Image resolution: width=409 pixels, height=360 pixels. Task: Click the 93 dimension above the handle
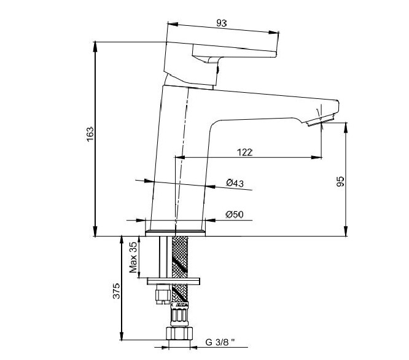[x=221, y=23]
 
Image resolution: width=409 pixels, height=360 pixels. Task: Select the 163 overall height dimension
[x=90, y=134]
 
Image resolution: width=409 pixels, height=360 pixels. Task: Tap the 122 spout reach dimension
[x=244, y=152]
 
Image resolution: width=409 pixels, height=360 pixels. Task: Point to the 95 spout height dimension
[x=340, y=182]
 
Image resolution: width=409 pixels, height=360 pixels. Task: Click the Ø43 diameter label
[x=235, y=183]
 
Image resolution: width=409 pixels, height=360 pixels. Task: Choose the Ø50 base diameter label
[x=235, y=214]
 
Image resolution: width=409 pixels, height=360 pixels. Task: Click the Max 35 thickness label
[x=133, y=257]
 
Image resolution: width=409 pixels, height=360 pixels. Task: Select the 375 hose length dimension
[x=116, y=291]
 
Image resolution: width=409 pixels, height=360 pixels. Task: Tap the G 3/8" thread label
[x=220, y=342]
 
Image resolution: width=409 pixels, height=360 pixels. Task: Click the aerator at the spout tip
[x=321, y=120]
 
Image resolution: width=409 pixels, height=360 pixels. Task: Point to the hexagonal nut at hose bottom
[x=179, y=333]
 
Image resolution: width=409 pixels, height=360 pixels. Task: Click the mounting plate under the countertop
[x=173, y=281]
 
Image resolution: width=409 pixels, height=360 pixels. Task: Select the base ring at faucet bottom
[x=175, y=233]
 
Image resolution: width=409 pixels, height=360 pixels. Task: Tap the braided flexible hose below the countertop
[x=180, y=270]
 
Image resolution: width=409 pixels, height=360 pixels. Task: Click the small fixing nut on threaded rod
[x=163, y=295]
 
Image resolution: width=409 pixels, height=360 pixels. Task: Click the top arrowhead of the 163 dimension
[x=95, y=46]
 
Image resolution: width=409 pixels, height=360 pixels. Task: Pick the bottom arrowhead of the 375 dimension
[x=122, y=336]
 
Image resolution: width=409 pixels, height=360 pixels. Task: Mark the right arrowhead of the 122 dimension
[x=316, y=157]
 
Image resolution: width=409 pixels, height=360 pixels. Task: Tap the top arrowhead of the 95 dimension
[x=346, y=127]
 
